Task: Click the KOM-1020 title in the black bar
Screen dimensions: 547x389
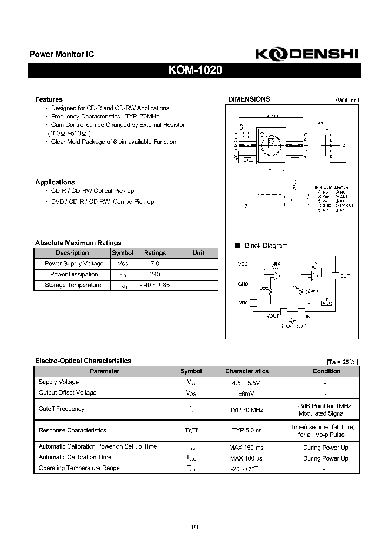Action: (194, 71)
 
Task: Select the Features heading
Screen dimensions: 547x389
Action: (49, 99)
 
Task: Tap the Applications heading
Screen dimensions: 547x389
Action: (55, 182)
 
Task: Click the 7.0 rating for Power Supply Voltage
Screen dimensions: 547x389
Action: (155, 263)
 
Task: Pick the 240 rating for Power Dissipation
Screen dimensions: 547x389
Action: (155, 274)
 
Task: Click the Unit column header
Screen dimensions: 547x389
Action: (198, 252)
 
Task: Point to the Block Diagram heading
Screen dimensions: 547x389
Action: (266, 245)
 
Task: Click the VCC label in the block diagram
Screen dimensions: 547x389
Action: (243, 264)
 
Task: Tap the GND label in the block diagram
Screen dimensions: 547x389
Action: (243, 284)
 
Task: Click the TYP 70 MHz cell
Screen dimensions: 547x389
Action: (246, 410)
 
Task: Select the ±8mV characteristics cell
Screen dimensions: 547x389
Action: (246, 393)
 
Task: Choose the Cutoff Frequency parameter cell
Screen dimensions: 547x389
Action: (62, 409)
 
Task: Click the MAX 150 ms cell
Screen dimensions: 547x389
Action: (246, 447)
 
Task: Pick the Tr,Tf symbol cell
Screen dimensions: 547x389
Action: (191, 431)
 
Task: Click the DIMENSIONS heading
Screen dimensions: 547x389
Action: (249, 99)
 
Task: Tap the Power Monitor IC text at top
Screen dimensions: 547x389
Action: (62, 55)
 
